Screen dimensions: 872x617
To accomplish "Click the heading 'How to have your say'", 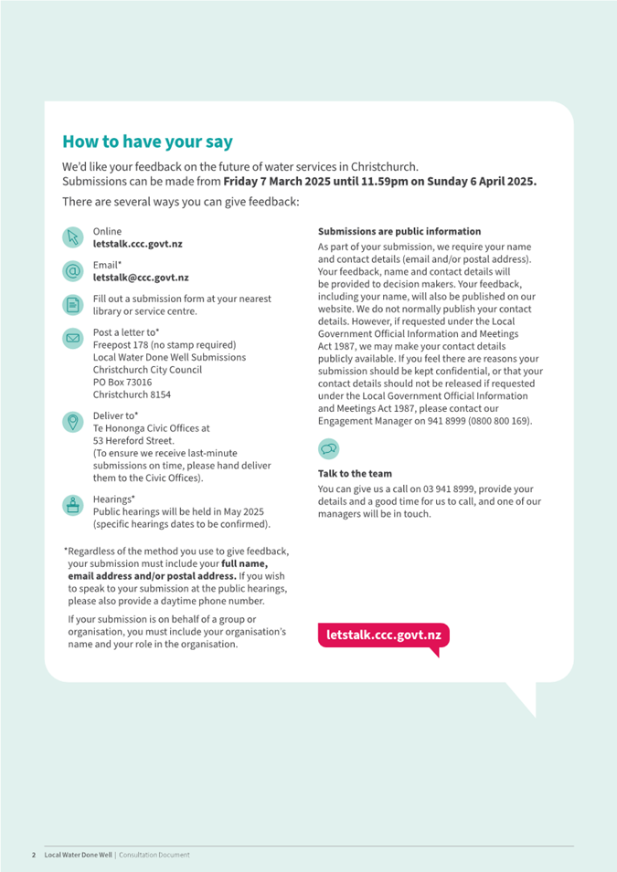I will tap(147, 142).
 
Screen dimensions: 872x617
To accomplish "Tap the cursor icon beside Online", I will tap(73, 237).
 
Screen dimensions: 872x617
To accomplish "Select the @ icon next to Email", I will tap(73, 271).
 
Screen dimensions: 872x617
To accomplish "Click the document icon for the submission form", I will tap(73, 305).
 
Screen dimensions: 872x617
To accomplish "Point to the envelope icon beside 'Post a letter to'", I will tap(73, 339).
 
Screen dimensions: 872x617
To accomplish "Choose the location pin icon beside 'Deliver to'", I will tap(73, 421).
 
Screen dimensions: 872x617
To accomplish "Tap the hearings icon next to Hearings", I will tap(73, 505).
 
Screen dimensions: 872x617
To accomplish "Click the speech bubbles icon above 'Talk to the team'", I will tap(329, 448).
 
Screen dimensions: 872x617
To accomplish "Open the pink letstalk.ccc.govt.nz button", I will tap(384, 635).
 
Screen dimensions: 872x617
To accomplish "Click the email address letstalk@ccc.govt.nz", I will tap(141, 278).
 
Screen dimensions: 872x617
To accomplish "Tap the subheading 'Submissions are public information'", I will tap(399, 232).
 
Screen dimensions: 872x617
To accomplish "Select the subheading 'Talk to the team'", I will tap(355, 474).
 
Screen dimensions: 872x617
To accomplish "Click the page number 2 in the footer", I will tap(34, 855).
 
